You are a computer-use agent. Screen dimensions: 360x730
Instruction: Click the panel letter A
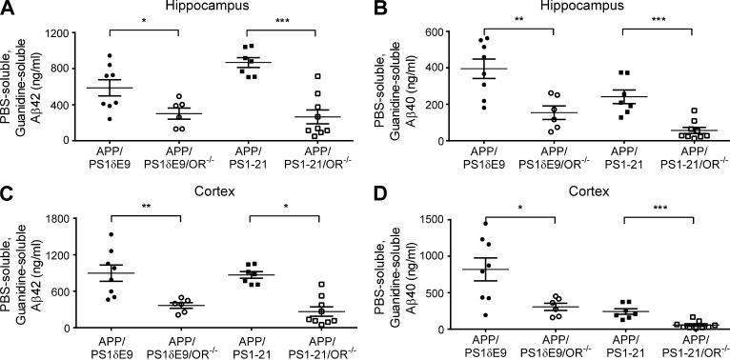8,9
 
